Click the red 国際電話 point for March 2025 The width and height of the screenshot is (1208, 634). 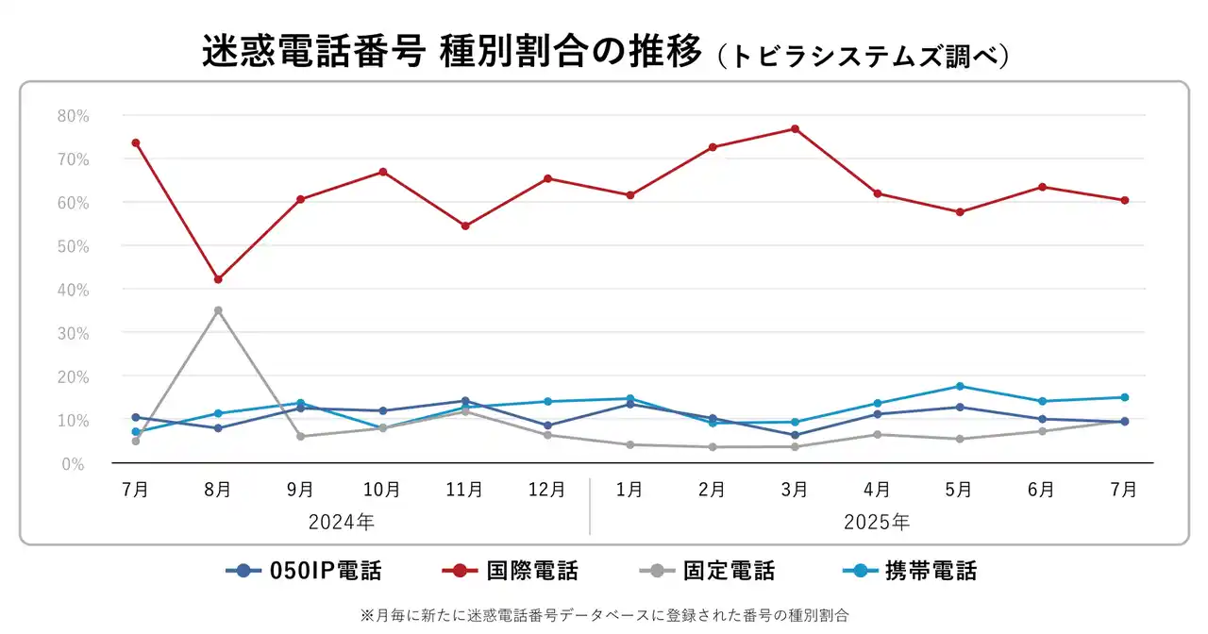[x=795, y=128]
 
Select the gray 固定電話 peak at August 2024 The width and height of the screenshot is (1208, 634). [x=218, y=310]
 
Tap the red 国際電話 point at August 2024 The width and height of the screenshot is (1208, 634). [x=218, y=279]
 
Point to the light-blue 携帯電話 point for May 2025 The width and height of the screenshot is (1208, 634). [x=960, y=386]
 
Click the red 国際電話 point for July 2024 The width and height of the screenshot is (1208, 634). [x=136, y=142]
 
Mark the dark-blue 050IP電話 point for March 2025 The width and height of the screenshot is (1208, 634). [x=795, y=435]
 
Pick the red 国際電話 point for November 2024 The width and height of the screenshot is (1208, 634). [x=465, y=225]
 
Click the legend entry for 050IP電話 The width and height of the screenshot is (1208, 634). [x=304, y=571]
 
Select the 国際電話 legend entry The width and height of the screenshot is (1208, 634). [x=510, y=571]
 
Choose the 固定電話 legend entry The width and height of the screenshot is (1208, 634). [x=707, y=571]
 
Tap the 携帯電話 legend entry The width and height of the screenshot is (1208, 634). [x=908, y=571]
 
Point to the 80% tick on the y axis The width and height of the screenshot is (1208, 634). [x=73, y=116]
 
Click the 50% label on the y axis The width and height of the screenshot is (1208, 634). [x=73, y=246]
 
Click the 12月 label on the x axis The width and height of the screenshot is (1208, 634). [x=547, y=490]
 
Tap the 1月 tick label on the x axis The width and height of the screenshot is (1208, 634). [x=629, y=490]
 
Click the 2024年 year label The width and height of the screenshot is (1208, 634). [x=342, y=521]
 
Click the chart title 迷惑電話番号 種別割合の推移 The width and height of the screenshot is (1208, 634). [x=453, y=53]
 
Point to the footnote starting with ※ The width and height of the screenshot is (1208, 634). [x=604, y=614]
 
